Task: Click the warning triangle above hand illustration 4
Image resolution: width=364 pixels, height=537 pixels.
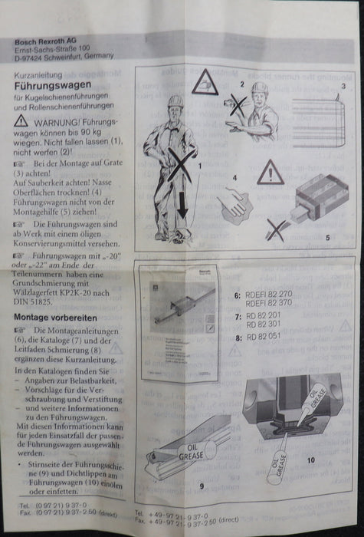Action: pos(270,173)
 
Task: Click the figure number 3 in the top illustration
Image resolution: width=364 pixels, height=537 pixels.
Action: pos(344,87)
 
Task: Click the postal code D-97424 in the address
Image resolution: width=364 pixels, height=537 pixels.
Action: pos(31,56)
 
